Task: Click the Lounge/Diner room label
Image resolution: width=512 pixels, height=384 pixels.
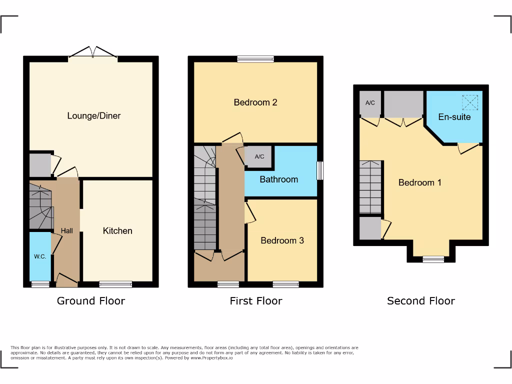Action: click(94, 115)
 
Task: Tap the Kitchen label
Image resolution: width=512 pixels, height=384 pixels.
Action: click(117, 230)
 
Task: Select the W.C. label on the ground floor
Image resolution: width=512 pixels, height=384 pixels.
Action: click(40, 256)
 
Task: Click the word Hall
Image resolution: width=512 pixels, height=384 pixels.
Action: click(67, 230)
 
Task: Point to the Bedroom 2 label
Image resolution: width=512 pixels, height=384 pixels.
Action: click(255, 102)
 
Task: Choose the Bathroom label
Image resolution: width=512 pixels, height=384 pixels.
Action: click(278, 179)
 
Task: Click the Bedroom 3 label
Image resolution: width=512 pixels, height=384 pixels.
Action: click(282, 240)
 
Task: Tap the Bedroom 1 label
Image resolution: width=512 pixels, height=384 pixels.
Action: click(419, 182)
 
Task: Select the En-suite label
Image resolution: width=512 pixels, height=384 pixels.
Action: click(454, 117)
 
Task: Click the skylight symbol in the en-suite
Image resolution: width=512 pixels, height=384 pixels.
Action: click(470, 102)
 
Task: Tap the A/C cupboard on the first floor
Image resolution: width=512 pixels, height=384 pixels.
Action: click(259, 156)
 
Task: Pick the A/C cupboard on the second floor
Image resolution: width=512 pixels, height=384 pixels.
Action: click(370, 103)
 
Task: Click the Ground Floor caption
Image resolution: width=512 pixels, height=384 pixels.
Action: click(91, 300)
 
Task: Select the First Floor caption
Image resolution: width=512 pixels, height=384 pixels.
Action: click(256, 300)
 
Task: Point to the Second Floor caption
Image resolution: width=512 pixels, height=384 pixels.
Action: click(421, 300)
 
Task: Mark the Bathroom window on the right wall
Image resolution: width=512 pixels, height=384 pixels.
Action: click(320, 170)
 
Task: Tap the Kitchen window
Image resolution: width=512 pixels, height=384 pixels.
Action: click(115, 284)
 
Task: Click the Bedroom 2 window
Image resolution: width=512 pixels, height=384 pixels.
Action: click(255, 59)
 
